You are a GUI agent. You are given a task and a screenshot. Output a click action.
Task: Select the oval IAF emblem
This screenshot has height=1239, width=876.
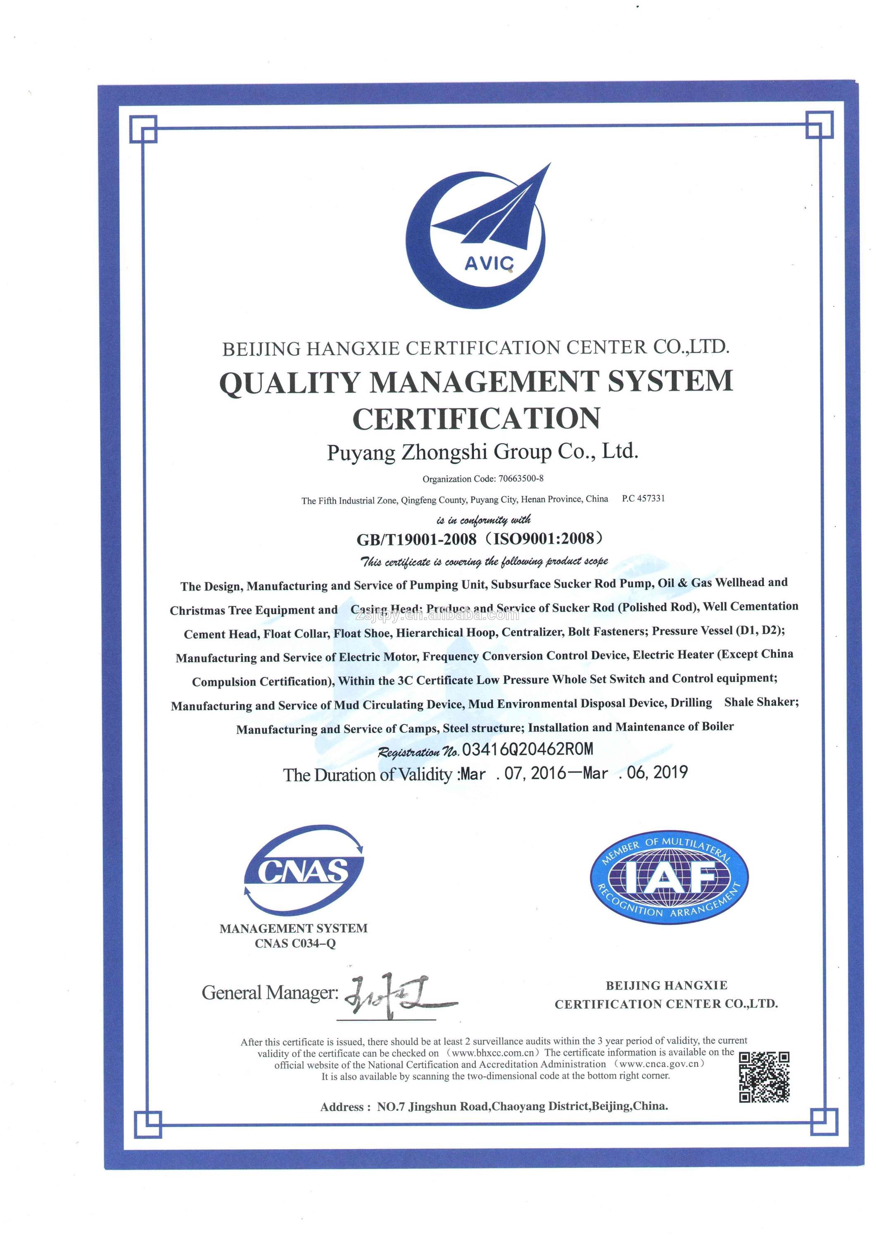(x=669, y=877)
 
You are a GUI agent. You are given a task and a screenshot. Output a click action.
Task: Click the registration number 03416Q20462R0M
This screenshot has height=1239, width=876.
(x=527, y=749)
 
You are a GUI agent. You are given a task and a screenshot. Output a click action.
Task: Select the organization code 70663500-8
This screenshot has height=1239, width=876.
(x=521, y=478)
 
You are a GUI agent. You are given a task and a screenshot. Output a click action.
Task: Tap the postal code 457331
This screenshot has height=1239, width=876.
(x=650, y=498)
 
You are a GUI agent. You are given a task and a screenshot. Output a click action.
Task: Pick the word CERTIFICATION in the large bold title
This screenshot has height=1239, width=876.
(x=476, y=419)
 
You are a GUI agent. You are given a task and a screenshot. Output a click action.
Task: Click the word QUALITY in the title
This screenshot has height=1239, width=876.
(x=289, y=382)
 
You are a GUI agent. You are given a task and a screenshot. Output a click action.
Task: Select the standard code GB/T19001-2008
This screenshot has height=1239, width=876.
(x=416, y=539)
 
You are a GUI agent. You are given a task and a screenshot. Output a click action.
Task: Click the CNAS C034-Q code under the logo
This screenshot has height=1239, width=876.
(x=295, y=943)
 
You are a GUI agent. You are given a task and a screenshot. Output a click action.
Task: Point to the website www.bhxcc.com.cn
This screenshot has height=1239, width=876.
(x=493, y=1052)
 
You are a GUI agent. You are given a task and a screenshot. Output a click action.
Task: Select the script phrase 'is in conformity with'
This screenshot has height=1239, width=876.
(x=483, y=520)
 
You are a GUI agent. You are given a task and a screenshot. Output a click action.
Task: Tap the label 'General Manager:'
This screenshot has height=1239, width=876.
(x=270, y=992)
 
